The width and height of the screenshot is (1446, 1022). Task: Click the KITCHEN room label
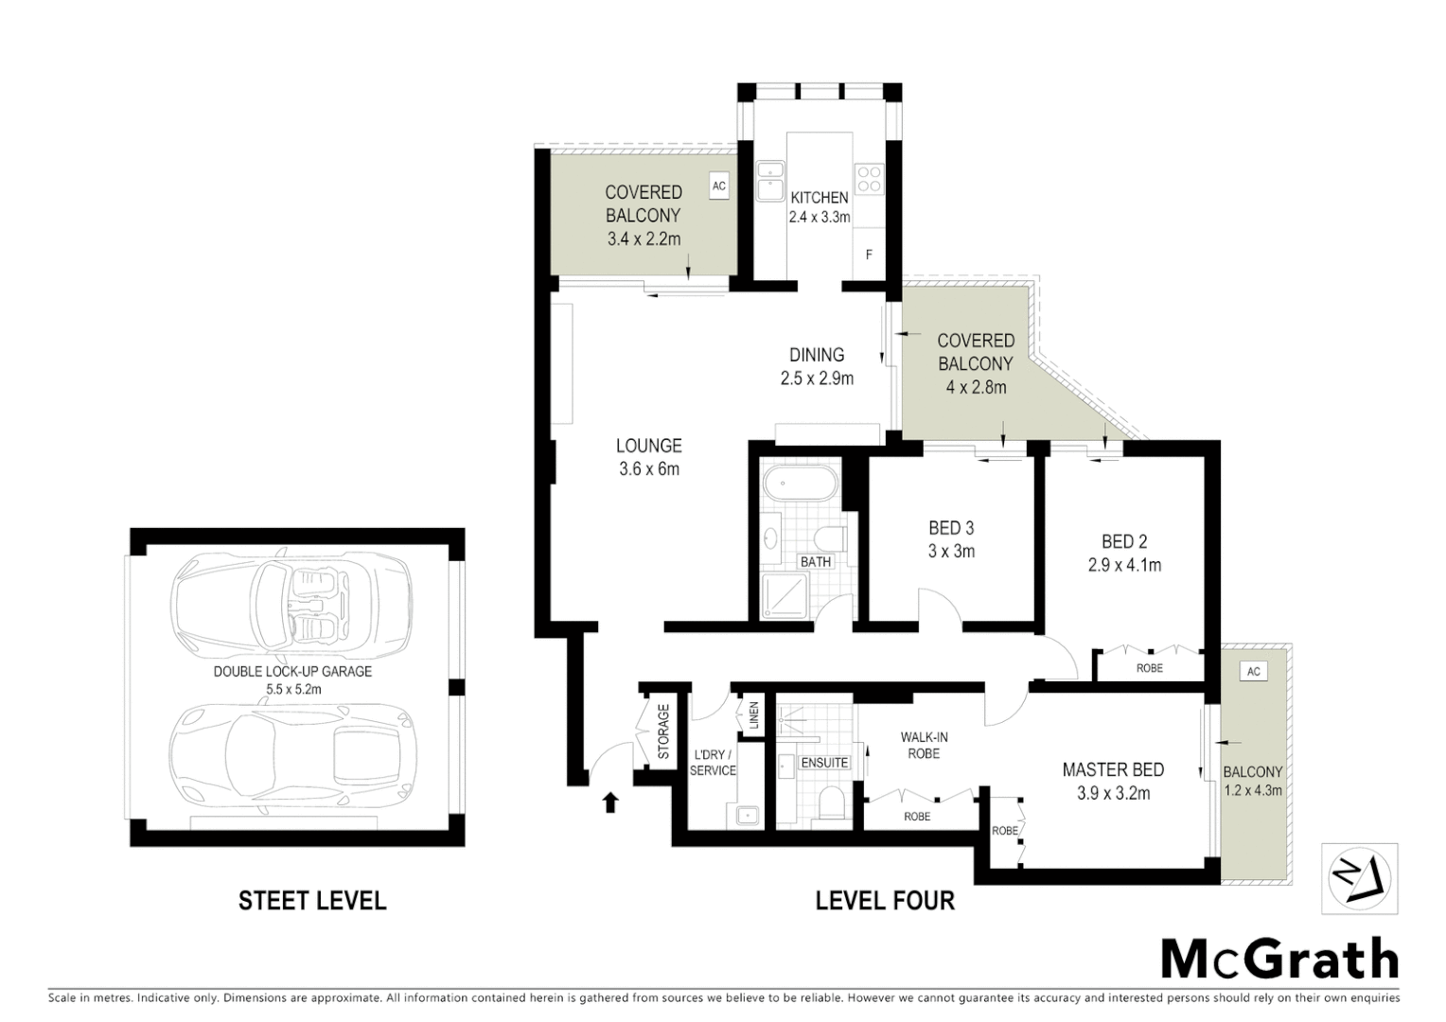(820, 198)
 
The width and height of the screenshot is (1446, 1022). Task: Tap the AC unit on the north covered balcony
(719, 185)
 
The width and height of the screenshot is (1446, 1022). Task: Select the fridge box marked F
(869, 255)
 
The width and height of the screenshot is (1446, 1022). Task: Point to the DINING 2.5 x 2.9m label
(817, 366)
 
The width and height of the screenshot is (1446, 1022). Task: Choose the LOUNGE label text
(649, 446)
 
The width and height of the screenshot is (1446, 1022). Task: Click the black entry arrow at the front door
(610, 802)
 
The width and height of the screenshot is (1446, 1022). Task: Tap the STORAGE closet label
(663, 731)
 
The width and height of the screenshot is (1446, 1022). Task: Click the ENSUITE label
(825, 763)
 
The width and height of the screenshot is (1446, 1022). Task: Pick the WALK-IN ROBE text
(924, 745)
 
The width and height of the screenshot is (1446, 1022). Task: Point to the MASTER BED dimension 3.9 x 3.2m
(1113, 794)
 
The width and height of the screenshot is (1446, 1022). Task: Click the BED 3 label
(951, 528)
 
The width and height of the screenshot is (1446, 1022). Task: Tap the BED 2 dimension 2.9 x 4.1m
(1124, 565)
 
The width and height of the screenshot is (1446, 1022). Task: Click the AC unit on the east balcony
(1254, 672)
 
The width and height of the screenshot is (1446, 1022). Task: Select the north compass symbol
(1359, 879)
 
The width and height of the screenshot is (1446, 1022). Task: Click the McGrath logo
(1279, 960)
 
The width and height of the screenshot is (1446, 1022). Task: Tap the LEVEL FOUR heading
(885, 900)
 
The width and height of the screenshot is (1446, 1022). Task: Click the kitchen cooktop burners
(869, 178)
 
